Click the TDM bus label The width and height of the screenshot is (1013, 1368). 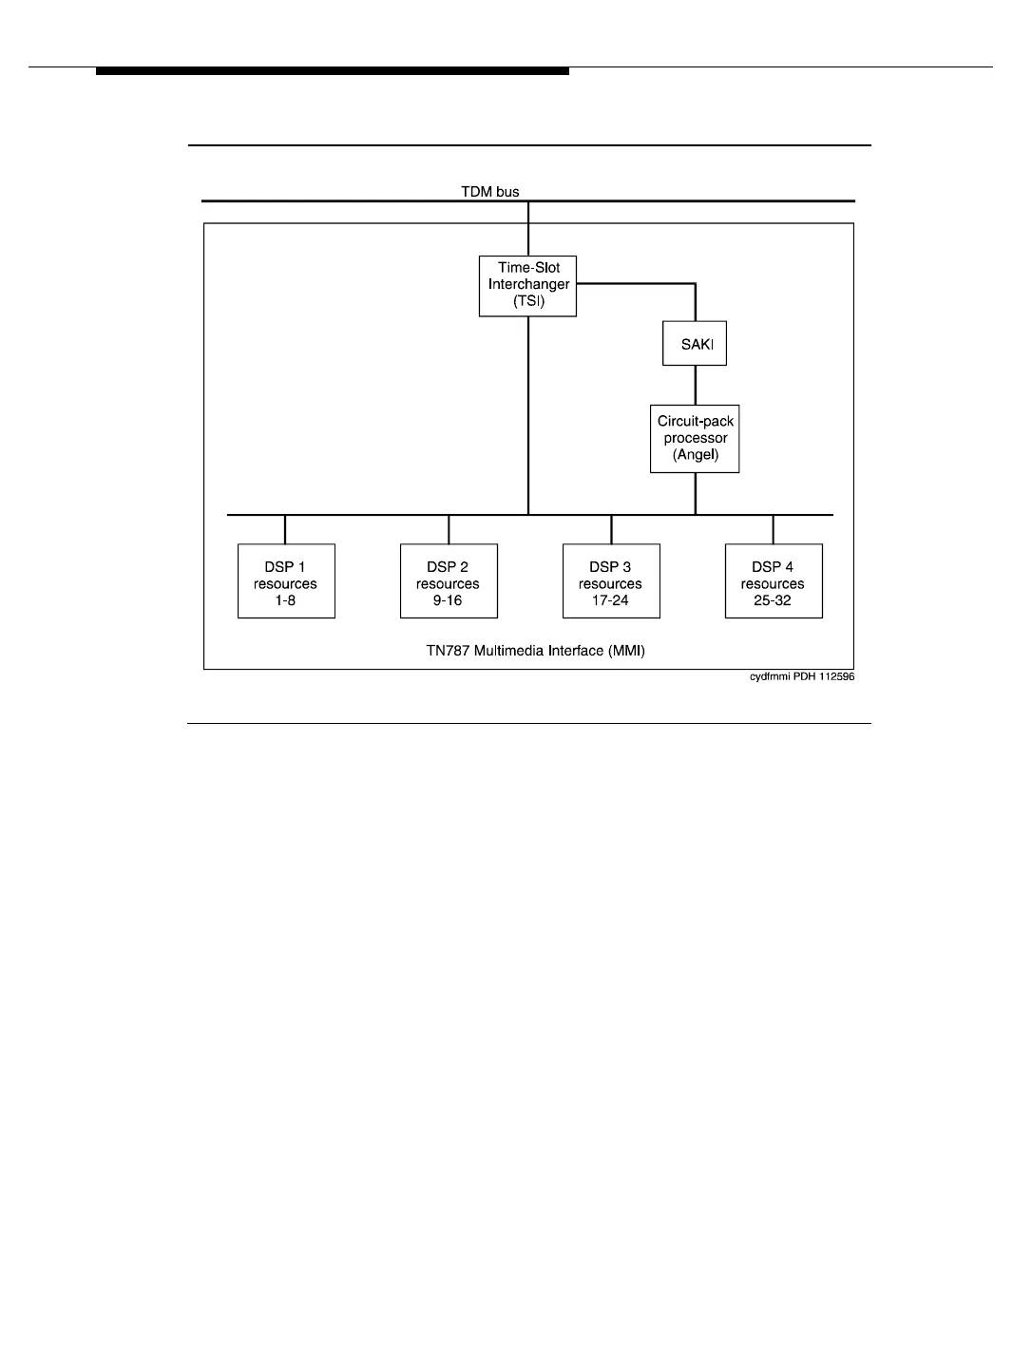tap(490, 192)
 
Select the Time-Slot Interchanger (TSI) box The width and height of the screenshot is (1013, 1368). tap(527, 285)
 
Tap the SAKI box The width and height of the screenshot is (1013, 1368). tap(695, 343)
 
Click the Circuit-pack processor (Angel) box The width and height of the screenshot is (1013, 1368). tap(695, 439)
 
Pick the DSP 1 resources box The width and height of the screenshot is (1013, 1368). tap(286, 581)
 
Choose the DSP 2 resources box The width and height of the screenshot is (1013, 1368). tap(449, 581)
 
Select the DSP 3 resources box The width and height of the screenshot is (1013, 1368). tap(611, 581)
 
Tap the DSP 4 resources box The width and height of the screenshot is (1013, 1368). tap(774, 581)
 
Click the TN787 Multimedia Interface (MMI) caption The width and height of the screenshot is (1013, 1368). tap(528, 652)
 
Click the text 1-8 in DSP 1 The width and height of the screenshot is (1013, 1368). tap(286, 600)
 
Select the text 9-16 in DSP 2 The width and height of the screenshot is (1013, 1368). tap(449, 600)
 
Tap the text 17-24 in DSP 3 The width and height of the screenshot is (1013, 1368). tap(611, 600)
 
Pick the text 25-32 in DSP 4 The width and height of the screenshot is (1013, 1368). tap(774, 600)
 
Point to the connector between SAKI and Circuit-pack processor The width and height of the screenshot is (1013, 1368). tap(696, 385)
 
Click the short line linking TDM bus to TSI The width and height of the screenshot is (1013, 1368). tap(528, 228)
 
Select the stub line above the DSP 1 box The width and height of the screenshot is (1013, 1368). tap(285, 529)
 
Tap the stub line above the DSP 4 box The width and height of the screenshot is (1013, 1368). tap(774, 529)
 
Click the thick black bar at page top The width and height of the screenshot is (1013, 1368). tap(333, 71)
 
